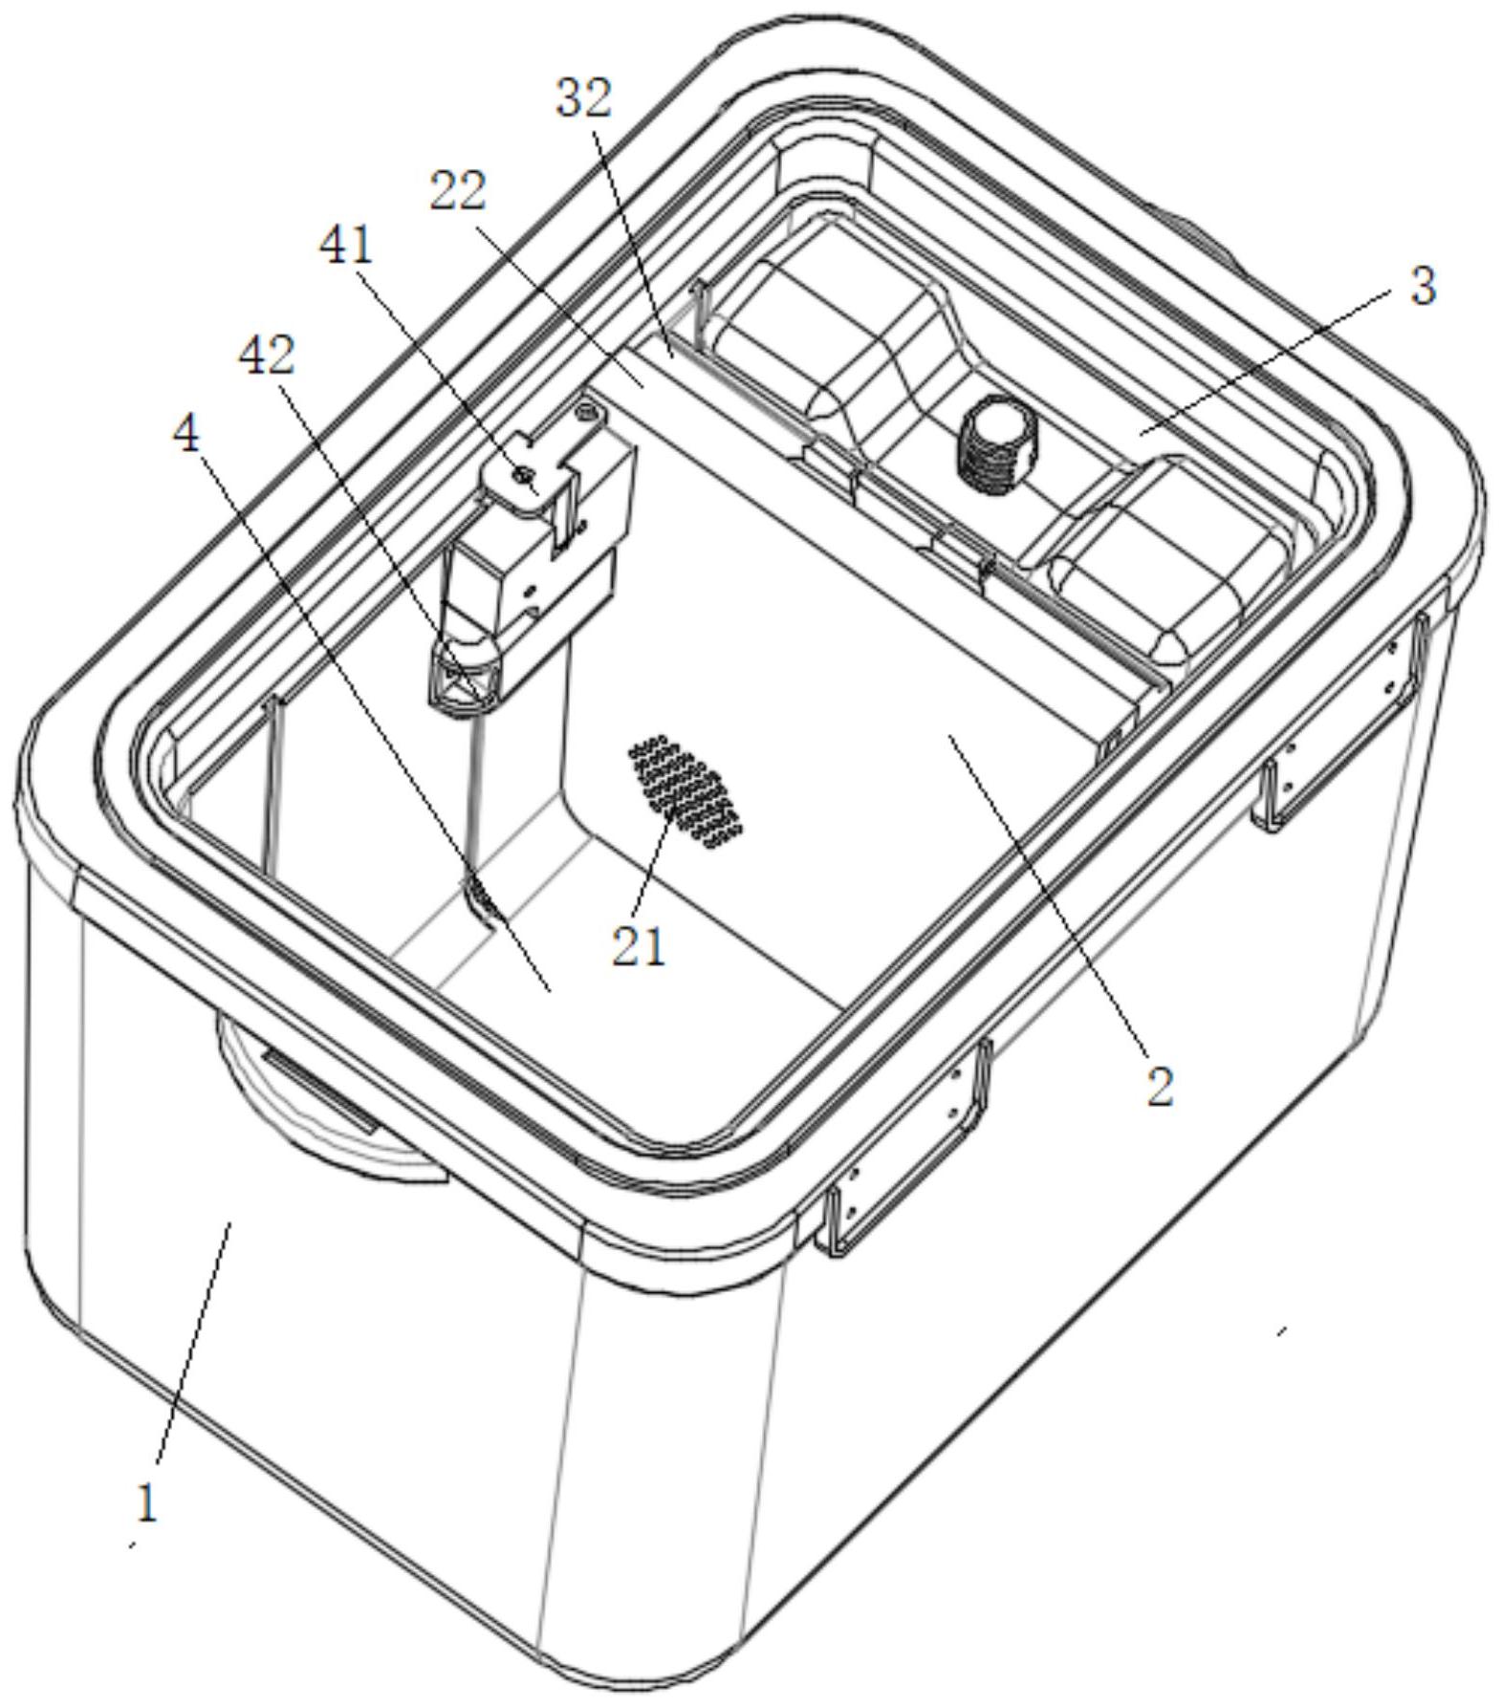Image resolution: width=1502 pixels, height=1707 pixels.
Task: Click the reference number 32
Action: [x=584, y=97]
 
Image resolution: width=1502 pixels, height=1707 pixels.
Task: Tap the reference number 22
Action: [x=457, y=191]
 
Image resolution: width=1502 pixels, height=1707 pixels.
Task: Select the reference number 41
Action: [x=347, y=247]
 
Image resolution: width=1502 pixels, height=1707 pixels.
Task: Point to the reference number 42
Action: [x=267, y=357]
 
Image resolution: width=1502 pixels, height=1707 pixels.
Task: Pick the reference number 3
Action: [x=1424, y=286]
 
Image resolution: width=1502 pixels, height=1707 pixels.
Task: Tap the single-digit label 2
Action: [x=1160, y=1087]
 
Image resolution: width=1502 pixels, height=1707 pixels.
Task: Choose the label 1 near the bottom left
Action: [x=146, y=1503]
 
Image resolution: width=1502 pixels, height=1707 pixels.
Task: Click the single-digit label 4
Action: [x=186, y=435]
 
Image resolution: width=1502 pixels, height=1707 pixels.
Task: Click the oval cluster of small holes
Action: [x=686, y=791]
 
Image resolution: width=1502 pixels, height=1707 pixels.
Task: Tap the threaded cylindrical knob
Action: [x=995, y=444]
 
